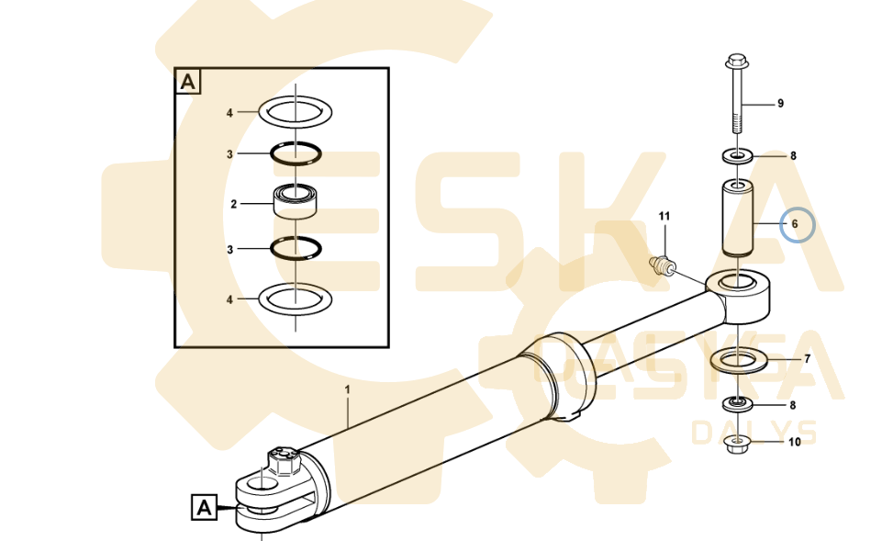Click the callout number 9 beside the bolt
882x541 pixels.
coord(780,104)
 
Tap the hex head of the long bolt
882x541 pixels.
coord(736,61)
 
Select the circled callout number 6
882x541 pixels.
coord(795,224)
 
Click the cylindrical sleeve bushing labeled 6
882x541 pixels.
coord(737,218)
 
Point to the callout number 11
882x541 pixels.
coord(664,216)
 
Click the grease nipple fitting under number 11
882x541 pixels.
coord(662,265)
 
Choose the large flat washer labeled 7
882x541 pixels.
coord(739,360)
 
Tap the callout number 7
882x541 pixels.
coord(807,359)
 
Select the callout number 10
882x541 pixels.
coord(794,442)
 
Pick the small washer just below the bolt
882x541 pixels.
coord(737,155)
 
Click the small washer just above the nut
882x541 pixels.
coord(737,403)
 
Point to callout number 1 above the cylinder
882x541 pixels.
coord(348,389)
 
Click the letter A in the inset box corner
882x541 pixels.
coord(188,82)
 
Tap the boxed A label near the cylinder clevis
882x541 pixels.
coord(204,507)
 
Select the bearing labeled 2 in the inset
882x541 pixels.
coord(295,201)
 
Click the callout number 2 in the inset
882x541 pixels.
coord(233,204)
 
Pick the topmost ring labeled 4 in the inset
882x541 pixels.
coord(296,111)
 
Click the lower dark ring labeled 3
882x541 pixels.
coord(296,248)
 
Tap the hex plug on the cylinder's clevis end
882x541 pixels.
coord(285,461)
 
